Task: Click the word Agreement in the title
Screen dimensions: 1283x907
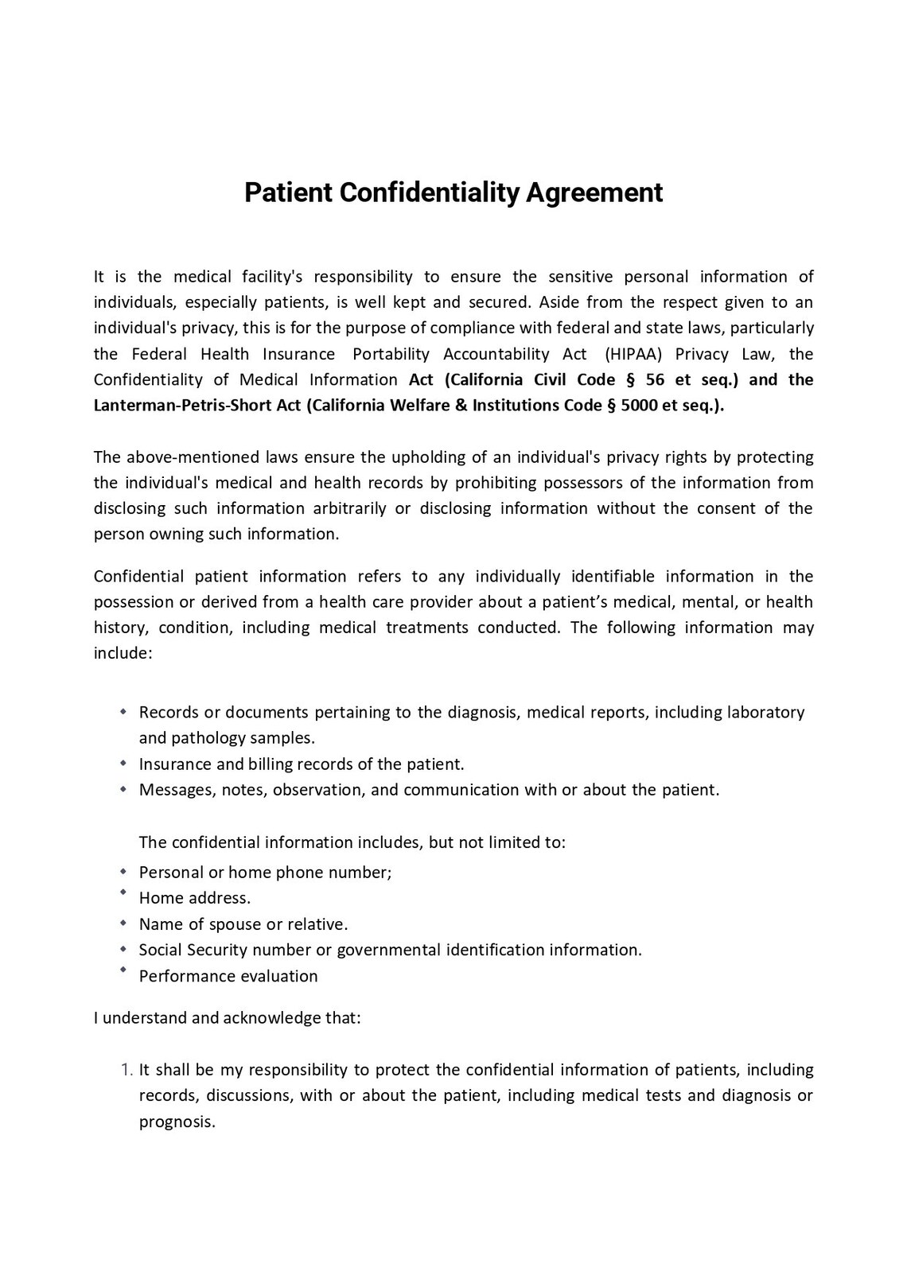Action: tap(594, 193)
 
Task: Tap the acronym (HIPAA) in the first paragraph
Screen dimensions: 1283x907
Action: tap(633, 354)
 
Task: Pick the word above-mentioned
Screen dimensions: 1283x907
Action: tap(176, 457)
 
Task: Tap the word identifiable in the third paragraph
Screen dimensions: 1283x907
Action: tap(609, 576)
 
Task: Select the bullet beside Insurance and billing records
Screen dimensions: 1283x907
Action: tap(123, 763)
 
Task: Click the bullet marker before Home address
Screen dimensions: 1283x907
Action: tap(123, 893)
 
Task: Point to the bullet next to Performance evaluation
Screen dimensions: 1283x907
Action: tap(123, 970)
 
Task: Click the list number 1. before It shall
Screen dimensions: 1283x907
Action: tap(127, 1070)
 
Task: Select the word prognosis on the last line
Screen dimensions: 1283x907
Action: tap(176, 1122)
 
